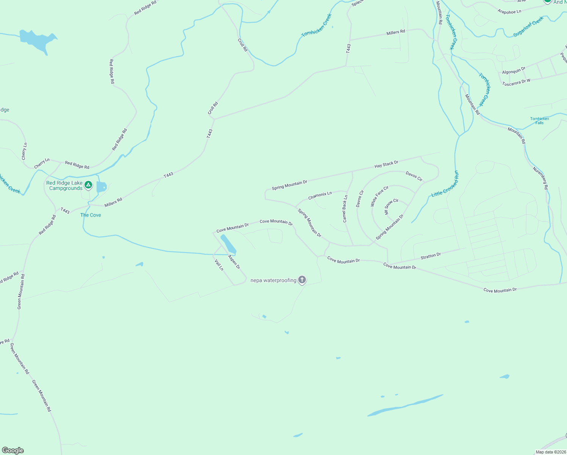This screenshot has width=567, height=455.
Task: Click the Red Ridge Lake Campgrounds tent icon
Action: pos(88,185)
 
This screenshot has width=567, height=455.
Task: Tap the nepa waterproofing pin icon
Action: pos(302,280)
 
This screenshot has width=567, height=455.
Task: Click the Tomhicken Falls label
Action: pos(539,121)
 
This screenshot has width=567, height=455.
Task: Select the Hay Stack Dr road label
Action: pos(386,164)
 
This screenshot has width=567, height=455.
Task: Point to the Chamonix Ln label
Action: pos(320,196)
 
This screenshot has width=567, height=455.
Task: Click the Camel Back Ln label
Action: pos(345,209)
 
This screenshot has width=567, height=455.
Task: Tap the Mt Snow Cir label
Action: pos(392,207)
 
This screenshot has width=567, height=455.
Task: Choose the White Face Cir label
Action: pos(379,196)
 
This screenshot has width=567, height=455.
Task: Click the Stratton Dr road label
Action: pos(431,256)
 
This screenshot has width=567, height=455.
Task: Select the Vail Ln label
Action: pos(219,265)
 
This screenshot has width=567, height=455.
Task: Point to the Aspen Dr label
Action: pos(234,262)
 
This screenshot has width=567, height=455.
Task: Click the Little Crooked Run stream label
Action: pos(445,184)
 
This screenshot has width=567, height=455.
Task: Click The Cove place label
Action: pos(91,215)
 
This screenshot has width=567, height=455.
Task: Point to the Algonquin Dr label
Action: pos(514,71)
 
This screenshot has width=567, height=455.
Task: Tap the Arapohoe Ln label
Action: pos(509,12)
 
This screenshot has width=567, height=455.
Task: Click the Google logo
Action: pos(13,450)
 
